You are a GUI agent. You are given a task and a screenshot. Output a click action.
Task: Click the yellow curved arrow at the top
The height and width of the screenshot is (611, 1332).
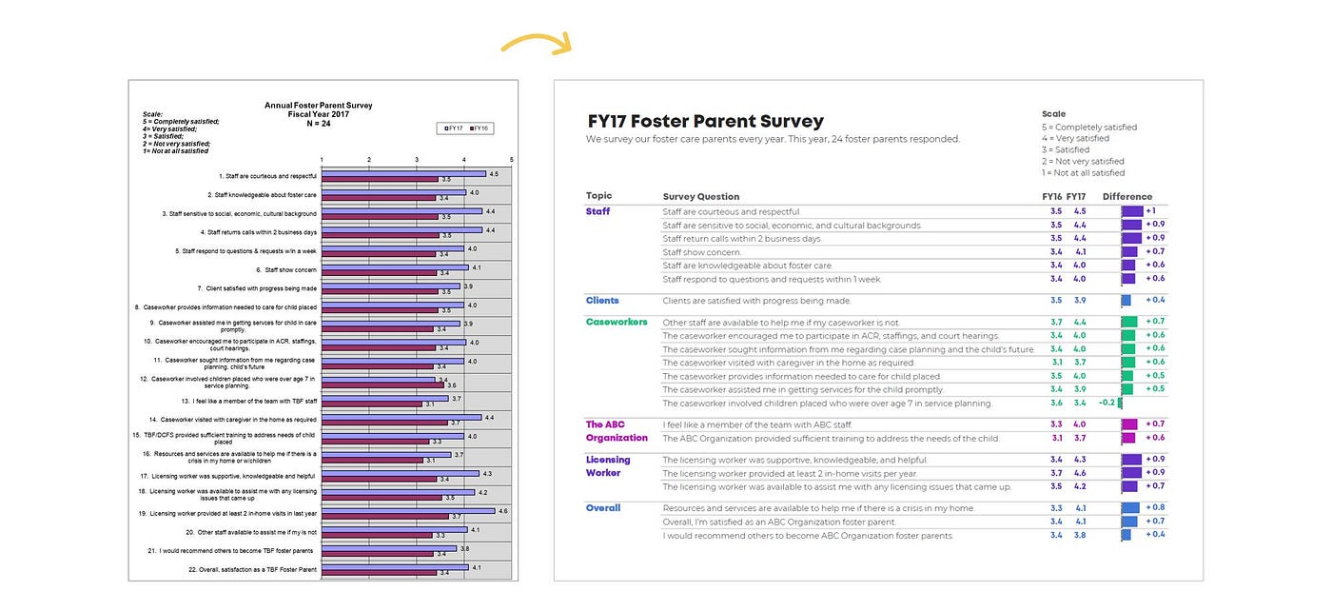[x=535, y=43]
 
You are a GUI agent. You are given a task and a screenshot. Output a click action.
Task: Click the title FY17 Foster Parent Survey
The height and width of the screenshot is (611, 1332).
[x=705, y=122]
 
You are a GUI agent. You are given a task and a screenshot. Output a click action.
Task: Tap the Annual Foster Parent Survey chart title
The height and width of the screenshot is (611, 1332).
[x=318, y=106]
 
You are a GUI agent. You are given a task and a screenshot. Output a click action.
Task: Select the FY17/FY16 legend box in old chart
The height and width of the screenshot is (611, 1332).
[x=465, y=128]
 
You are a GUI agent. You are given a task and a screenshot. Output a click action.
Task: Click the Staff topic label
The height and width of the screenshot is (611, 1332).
[x=597, y=211]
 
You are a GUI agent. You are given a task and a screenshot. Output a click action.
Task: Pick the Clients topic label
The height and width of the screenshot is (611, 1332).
[x=602, y=301]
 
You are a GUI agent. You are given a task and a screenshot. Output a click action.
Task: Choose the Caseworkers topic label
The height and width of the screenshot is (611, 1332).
[x=617, y=323]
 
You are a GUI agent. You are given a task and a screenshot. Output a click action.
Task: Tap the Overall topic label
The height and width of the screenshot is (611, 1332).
[x=603, y=508]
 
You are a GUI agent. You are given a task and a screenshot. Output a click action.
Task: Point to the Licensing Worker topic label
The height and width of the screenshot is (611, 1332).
[x=608, y=466]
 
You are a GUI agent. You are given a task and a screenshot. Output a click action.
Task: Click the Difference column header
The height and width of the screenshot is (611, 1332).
[x=1127, y=197]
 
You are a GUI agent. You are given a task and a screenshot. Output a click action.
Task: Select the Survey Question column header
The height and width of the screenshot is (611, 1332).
[x=700, y=197]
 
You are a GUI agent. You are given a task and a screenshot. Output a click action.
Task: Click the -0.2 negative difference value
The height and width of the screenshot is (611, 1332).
[x=1107, y=403]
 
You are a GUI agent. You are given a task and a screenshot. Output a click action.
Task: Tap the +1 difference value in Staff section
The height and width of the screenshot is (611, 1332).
[x=1150, y=211]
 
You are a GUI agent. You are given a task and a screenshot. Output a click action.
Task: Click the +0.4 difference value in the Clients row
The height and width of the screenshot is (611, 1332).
[x=1154, y=301]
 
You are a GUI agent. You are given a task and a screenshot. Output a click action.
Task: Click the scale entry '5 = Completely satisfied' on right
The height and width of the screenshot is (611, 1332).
[x=1088, y=128]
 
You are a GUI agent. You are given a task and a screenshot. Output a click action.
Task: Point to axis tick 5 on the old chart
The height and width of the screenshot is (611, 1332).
[x=512, y=159]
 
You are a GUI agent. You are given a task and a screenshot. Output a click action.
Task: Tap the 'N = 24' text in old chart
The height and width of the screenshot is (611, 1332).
[x=318, y=123]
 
